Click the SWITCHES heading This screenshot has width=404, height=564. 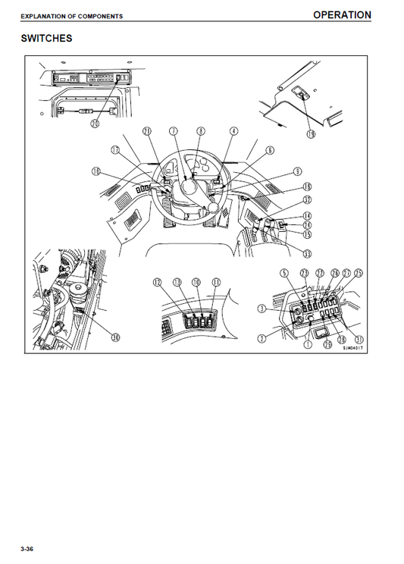(x=46, y=38)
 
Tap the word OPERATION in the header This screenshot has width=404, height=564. (x=342, y=14)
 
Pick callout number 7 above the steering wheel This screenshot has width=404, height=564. (x=174, y=131)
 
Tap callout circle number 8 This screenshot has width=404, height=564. (x=201, y=131)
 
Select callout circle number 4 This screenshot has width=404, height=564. (x=233, y=131)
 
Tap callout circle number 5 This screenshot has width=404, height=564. (x=284, y=273)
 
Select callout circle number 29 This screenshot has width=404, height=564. (x=327, y=345)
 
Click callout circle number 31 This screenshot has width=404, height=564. (x=359, y=339)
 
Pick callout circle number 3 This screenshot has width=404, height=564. (x=262, y=308)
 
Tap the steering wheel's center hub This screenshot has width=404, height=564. (x=186, y=185)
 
